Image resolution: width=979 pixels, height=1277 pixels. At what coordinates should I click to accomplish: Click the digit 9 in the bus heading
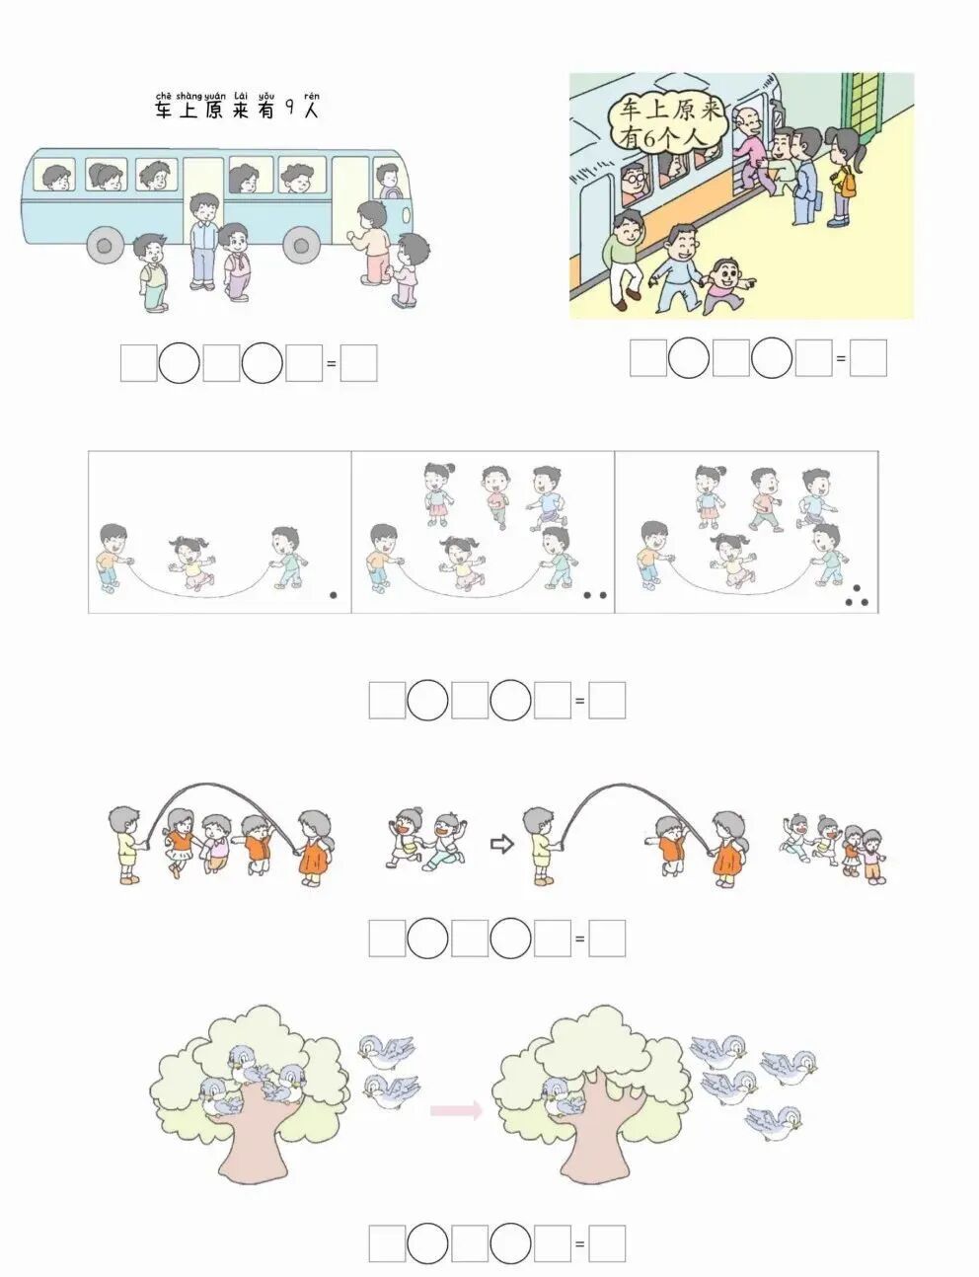point(290,109)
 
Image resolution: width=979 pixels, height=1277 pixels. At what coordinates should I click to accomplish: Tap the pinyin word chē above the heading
point(163,96)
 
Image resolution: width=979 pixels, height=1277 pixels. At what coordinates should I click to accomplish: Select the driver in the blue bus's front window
point(388,181)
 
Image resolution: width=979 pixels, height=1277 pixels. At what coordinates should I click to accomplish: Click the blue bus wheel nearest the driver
point(301,245)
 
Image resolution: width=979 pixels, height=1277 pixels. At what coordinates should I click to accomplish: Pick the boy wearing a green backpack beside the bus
point(150,272)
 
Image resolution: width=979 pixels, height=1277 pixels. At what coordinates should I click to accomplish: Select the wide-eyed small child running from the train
point(727,285)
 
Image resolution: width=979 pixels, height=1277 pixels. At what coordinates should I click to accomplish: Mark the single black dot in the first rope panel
point(334,595)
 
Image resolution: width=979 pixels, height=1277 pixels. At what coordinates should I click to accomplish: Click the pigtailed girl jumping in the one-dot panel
point(191,563)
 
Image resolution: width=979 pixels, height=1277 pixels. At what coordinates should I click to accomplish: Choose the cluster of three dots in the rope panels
point(857,596)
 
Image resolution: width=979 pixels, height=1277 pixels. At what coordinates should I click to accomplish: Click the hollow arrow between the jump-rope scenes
point(502,845)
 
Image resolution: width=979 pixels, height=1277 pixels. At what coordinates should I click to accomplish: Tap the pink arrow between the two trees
point(457,1110)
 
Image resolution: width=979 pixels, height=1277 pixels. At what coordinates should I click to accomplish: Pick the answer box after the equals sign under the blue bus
point(358,363)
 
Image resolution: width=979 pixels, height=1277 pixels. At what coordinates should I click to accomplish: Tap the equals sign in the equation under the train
point(841,358)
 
